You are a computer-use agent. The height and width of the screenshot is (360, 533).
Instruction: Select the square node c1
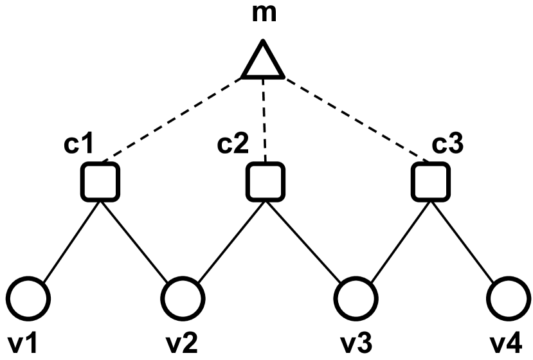[x=100, y=181]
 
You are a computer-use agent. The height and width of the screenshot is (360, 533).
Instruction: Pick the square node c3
[x=428, y=181]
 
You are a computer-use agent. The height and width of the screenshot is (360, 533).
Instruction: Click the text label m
[x=264, y=13]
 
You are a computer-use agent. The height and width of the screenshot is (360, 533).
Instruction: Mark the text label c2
[x=231, y=145]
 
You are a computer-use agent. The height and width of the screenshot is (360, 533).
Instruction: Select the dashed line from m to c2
[x=264, y=119]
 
